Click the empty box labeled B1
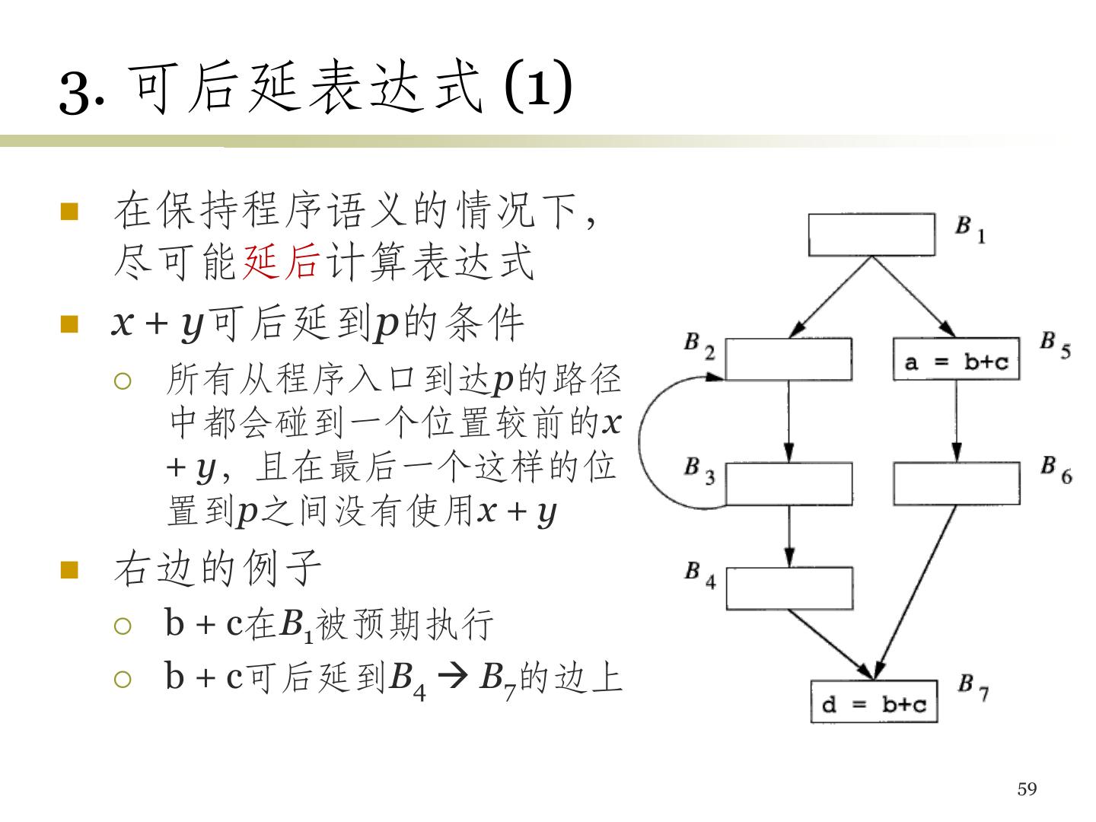click(871, 234)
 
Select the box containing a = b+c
click(956, 359)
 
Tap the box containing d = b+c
click(874, 702)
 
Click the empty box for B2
click(788, 359)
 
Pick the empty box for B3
click(788, 484)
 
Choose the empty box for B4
click(789, 588)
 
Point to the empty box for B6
click(956, 484)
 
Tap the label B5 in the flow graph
click(1055, 344)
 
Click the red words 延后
click(279, 263)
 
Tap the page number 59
click(1027, 789)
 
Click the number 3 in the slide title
click(75, 93)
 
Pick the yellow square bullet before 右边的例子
click(70, 570)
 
